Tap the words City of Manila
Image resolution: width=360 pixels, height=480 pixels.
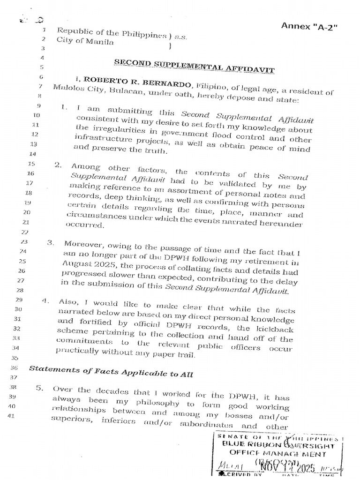tap(85, 41)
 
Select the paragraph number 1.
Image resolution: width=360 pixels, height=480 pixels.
tap(64, 107)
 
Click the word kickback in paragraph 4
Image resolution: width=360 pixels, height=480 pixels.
tap(276, 329)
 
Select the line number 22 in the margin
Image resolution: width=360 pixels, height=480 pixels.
tap(25, 232)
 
